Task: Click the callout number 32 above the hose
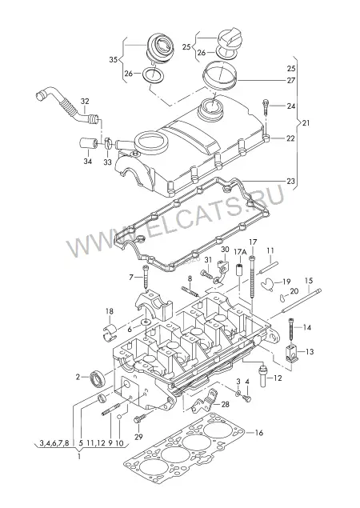[85, 102]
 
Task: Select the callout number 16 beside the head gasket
[259, 433]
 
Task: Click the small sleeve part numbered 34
[88, 143]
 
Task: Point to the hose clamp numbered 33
[108, 142]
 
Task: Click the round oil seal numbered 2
[97, 378]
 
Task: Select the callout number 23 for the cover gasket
[290, 181]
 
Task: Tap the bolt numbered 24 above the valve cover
[266, 106]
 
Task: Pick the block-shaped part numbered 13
[292, 354]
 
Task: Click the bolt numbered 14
[292, 330]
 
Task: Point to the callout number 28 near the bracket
[226, 404]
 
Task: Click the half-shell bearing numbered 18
[109, 331]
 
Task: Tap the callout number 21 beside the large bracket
[306, 122]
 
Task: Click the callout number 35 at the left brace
[113, 60]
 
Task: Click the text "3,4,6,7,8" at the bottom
[54, 442]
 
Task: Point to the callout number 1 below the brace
[78, 457]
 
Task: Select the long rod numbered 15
[302, 301]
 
